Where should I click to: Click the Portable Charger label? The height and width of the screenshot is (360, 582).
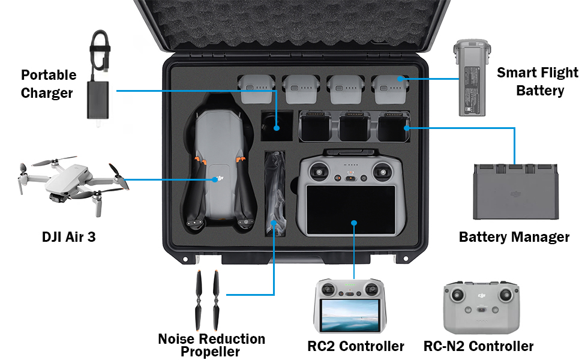(49, 84)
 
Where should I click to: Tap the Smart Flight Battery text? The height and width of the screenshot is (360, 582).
(538, 82)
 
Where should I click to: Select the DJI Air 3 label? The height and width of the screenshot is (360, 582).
(68, 237)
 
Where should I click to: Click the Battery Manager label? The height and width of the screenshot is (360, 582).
(514, 237)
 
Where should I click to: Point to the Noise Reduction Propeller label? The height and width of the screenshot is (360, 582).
(211, 345)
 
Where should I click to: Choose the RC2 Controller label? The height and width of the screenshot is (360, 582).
(355, 346)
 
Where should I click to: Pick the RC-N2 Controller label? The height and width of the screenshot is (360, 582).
(478, 346)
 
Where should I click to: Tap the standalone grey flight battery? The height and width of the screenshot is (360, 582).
(472, 78)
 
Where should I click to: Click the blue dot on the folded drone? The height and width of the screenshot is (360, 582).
(216, 179)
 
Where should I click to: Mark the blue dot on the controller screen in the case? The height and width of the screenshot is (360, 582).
(355, 223)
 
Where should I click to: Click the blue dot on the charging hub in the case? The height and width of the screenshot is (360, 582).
(407, 127)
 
